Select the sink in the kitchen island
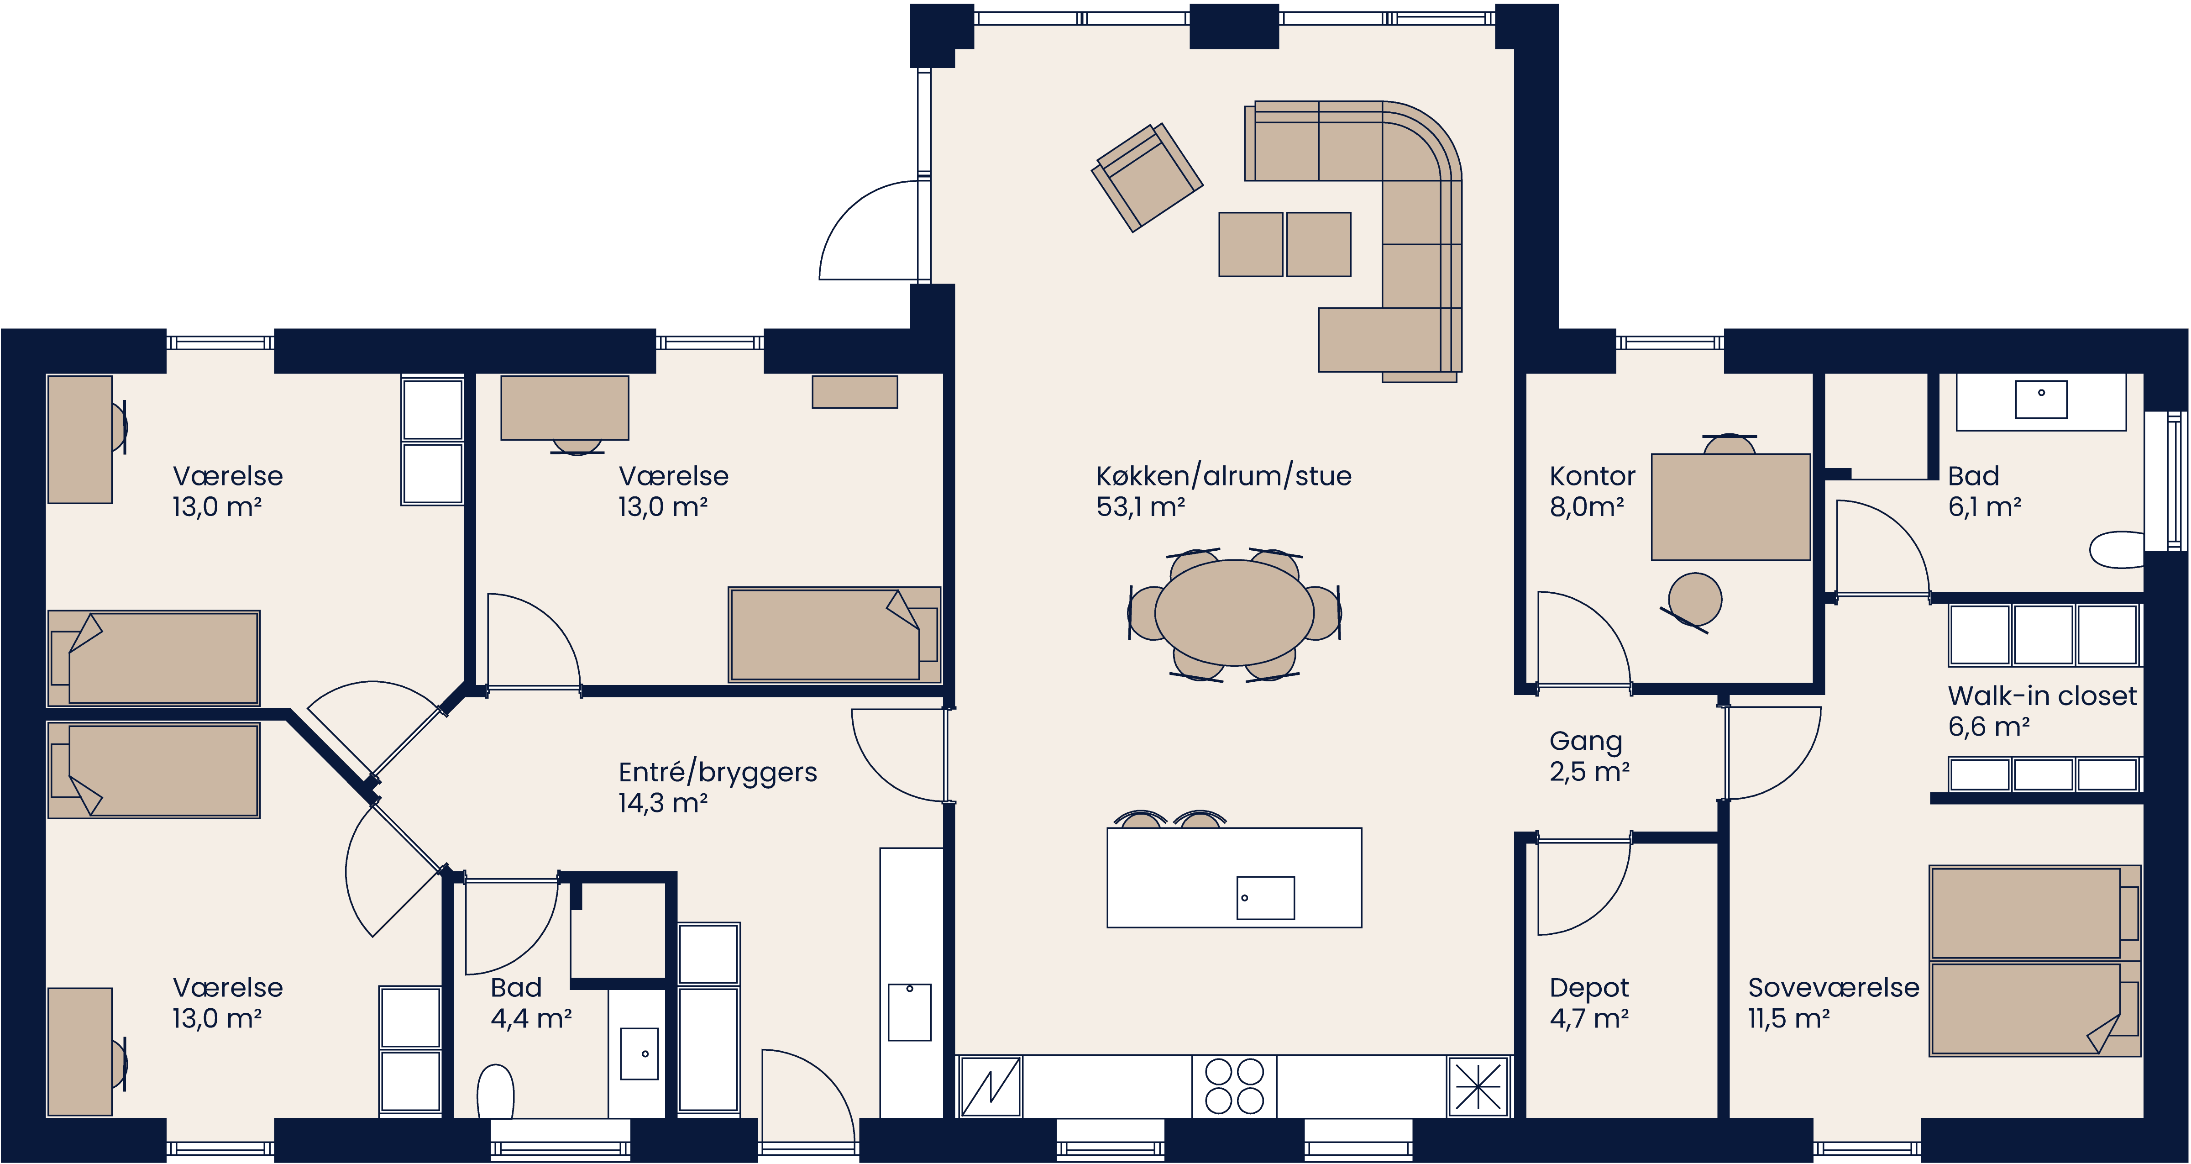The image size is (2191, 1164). [x=1265, y=898]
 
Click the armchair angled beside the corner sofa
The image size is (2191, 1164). [x=1147, y=177]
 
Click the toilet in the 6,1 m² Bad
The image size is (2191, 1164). [x=2118, y=550]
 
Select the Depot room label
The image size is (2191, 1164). [x=1589, y=988]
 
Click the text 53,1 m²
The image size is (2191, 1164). [x=1140, y=507]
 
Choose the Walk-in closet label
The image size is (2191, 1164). [x=2041, y=696]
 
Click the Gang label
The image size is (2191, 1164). [x=1585, y=741]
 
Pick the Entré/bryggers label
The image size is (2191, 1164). [x=717, y=773]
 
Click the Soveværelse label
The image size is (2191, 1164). [x=1833, y=988]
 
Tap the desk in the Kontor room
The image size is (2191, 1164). [x=1730, y=507]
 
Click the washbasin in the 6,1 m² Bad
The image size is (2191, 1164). [x=2040, y=399]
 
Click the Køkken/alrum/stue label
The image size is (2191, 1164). [x=1223, y=476]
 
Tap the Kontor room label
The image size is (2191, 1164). [x=1591, y=476]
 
